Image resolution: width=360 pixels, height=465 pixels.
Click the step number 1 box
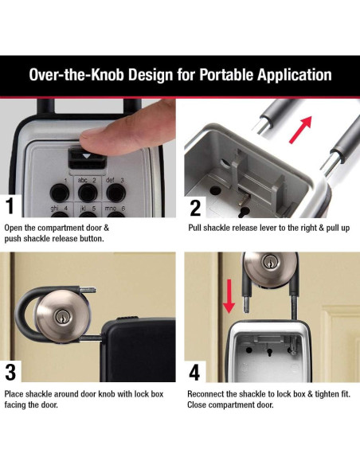tap(10, 207)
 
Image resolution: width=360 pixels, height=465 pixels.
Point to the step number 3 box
tap(10, 372)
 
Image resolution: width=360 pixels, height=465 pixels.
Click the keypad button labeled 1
tap(58, 191)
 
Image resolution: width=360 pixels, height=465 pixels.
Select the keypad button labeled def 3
tap(115, 191)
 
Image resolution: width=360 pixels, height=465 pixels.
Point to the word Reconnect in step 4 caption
tap(209, 393)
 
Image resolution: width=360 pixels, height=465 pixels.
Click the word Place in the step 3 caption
tap(16, 393)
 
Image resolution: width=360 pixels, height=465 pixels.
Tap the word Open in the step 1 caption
tap(15, 228)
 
